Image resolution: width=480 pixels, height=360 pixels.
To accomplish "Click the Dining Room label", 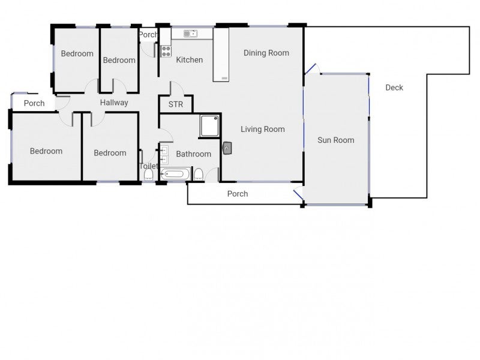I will click(266, 53).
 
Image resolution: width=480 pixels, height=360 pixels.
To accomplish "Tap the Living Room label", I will click(262, 129).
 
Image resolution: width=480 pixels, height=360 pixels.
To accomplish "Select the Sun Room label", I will click(335, 140).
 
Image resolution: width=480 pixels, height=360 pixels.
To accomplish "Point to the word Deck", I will click(394, 88).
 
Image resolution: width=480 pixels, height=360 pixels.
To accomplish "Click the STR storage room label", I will click(175, 104).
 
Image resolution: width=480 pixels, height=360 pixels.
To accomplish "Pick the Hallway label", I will click(114, 103).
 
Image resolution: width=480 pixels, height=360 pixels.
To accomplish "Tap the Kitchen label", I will click(189, 60).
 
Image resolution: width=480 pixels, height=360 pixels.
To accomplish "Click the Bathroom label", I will click(193, 154).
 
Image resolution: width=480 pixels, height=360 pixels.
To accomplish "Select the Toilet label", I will click(148, 166).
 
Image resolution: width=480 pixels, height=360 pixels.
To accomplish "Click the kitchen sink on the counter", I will click(190, 34).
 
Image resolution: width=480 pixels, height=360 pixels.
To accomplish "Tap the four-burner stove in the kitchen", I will click(166, 52).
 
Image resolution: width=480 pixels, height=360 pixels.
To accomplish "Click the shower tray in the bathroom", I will click(210, 125).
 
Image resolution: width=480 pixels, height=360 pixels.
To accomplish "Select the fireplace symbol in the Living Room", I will click(227, 147).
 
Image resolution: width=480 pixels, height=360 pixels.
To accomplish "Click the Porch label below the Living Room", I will click(238, 194).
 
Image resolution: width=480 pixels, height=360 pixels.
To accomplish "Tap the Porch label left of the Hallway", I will click(34, 103).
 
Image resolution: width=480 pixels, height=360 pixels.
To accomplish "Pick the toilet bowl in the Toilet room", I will click(148, 175).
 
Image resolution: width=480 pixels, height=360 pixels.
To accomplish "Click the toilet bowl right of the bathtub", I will click(199, 175).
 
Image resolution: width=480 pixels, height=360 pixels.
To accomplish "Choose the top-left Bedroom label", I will click(77, 53).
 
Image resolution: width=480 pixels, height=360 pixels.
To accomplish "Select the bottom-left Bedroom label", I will click(46, 151).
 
